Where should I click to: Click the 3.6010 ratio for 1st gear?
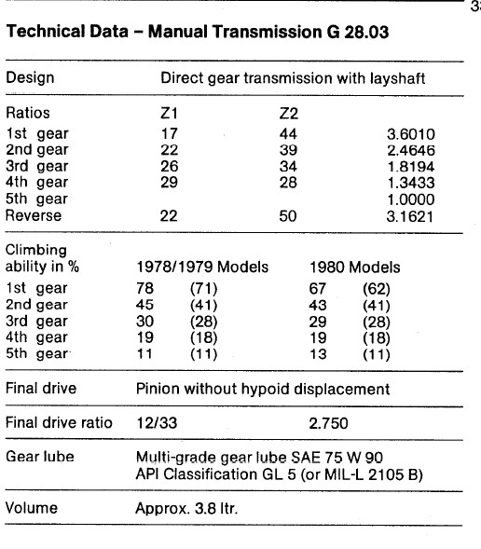coord(411,135)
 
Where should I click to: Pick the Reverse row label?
coord(34,215)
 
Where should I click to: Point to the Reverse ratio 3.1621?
coord(411,215)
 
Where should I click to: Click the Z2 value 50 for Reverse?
coord(290,215)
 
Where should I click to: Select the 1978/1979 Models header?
coord(202,267)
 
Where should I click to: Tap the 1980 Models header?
coord(355,267)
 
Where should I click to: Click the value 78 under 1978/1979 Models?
coord(144,288)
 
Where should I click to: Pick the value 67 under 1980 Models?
coord(317,288)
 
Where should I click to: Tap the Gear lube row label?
coord(40,457)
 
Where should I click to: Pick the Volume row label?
coord(32,509)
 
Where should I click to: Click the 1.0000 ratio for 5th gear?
coord(411,199)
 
